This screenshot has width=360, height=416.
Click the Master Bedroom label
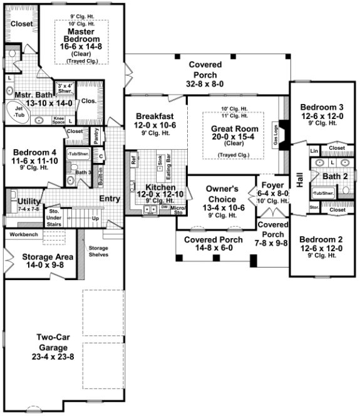(81, 36)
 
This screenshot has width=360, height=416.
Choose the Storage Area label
(39, 257)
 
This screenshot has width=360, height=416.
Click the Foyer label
(273, 185)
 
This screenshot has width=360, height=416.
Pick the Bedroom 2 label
(321, 239)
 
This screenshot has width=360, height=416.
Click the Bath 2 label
(337, 176)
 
